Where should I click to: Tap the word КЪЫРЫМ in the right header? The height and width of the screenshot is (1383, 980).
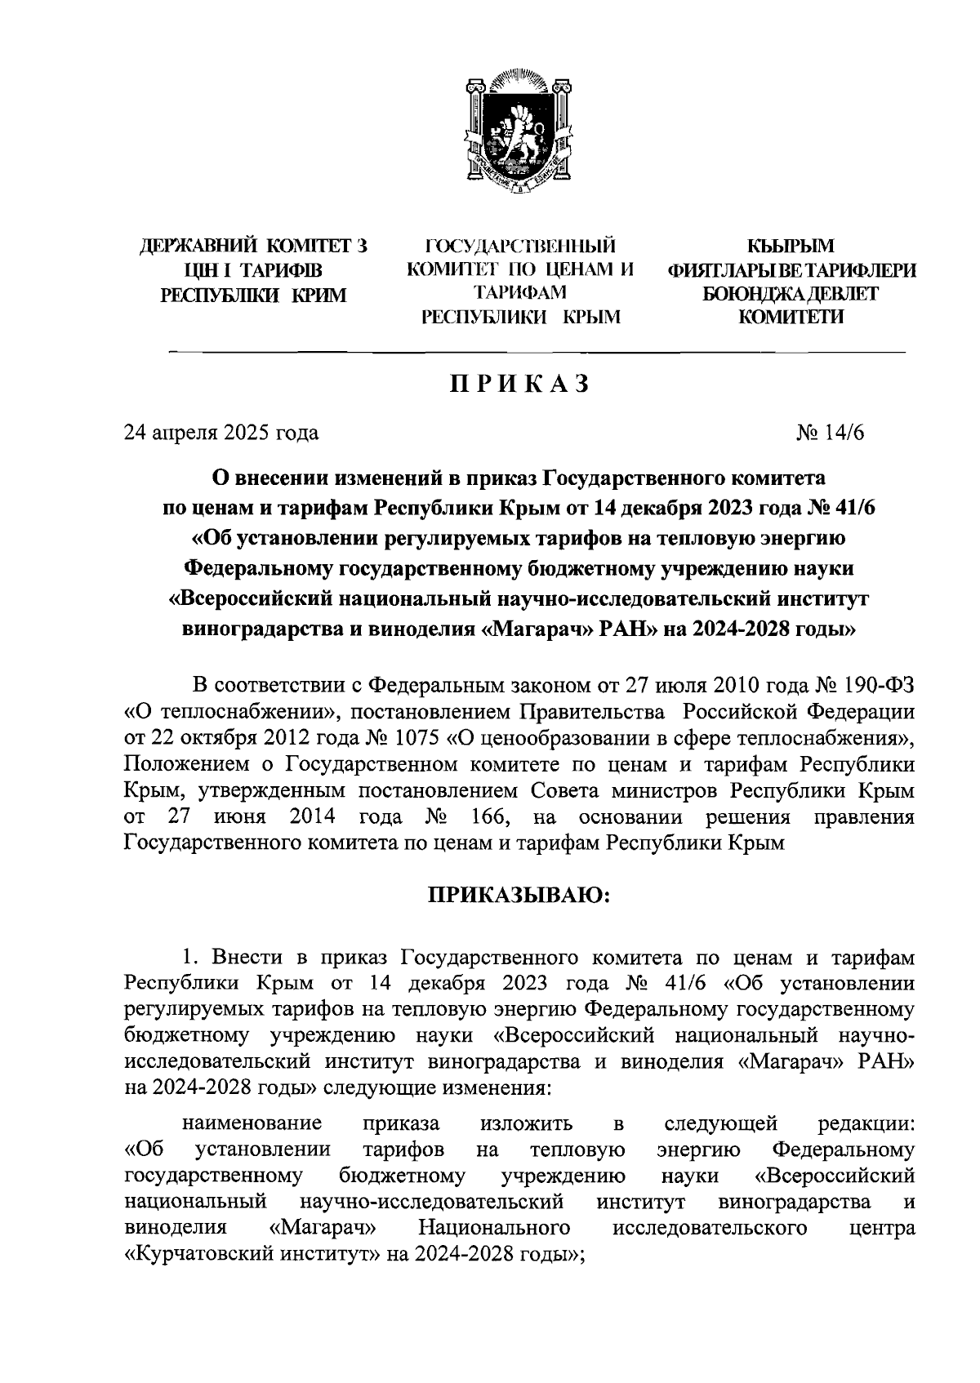(792, 246)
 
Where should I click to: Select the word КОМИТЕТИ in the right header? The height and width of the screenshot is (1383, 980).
(791, 318)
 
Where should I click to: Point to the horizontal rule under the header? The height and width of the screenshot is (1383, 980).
(537, 352)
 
